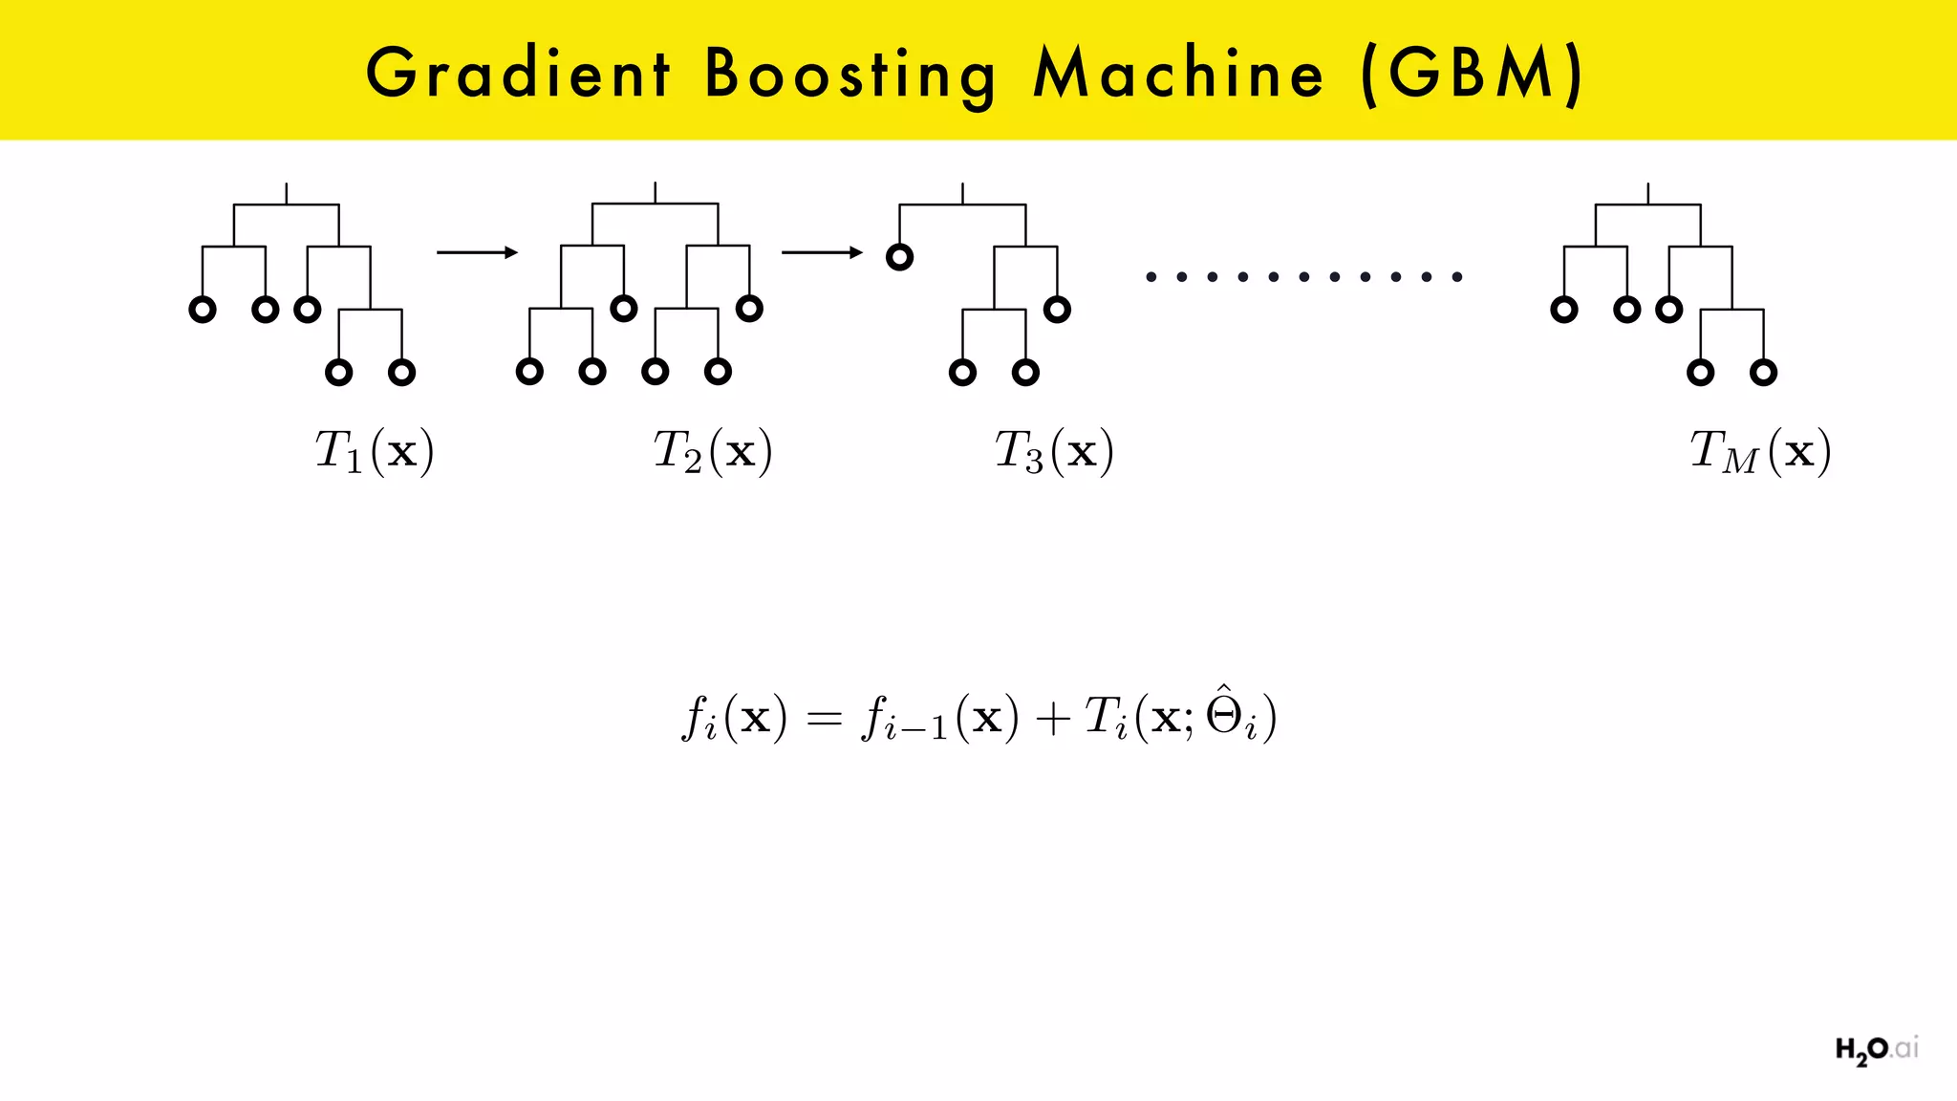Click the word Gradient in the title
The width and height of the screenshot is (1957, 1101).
click(518, 74)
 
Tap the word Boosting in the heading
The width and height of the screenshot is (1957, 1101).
click(850, 75)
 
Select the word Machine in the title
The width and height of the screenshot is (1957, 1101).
click(1179, 74)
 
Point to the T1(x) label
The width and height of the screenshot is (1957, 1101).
click(375, 451)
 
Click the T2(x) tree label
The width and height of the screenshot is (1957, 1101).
click(713, 451)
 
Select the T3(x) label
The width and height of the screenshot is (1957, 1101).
click(1054, 451)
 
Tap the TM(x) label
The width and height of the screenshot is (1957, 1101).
click(1760, 451)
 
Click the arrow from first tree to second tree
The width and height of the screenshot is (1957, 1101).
click(477, 252)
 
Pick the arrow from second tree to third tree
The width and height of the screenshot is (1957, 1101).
click(822, 252)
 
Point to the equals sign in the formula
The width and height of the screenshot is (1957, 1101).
click(824, 719)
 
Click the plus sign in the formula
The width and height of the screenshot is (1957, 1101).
click(1051, 719)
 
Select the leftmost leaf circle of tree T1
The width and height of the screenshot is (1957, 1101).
click(203, 310)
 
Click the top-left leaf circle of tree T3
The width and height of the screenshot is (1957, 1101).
click(899, 257)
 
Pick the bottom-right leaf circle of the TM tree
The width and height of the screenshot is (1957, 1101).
click(1763, 372)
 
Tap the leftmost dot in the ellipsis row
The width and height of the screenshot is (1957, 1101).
click(1151, 277)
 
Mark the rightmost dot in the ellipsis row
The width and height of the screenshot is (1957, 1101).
click(1457, 277)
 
